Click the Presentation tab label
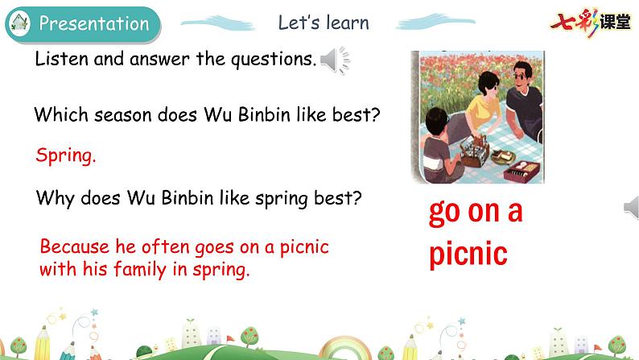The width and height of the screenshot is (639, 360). point(93,23)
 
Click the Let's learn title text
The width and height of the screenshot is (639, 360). point(323,23)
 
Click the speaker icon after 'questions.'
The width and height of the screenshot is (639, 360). point(335,60)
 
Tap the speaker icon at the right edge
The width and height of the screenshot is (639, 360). point(631,209)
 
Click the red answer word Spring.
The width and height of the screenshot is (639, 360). point(66,155)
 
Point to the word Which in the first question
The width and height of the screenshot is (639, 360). point(59,114)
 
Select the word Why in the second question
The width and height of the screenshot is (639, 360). point(55,197)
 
